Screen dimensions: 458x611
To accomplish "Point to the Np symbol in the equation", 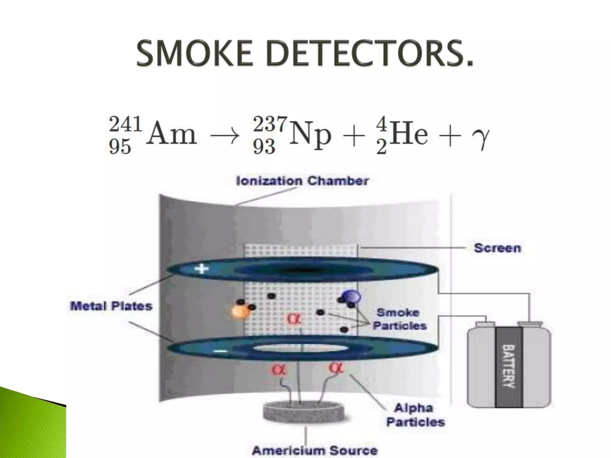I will (310, 136).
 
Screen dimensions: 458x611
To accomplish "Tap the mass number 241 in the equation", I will (125, 124).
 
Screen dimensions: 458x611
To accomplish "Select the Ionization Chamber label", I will (302, 181).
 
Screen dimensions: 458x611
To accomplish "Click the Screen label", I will (497, 248).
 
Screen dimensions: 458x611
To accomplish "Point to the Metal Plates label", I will (111, 306).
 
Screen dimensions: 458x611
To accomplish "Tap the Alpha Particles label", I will (415, 415).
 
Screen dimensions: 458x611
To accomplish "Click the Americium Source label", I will (314, 450).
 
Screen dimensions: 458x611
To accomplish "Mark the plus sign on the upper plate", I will (202, 269).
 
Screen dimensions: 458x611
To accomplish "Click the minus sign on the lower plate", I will (220, 351).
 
